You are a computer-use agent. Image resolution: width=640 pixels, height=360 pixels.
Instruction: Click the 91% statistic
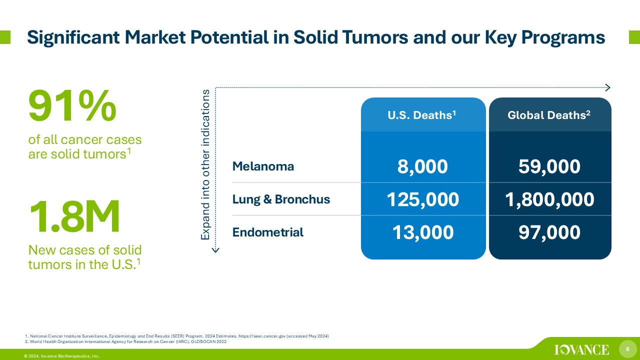[72, 105]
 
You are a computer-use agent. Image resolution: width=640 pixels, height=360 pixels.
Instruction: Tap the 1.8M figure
[74, 216]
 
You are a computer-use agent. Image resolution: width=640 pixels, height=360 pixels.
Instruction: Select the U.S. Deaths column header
[421, 115]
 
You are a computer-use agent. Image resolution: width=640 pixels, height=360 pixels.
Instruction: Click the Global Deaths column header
[549, 115]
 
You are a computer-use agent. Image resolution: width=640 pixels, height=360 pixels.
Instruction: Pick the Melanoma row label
[263, 166]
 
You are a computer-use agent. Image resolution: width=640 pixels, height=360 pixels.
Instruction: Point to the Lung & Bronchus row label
[281, 199]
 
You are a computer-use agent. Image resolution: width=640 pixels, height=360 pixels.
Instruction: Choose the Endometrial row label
[267, 232]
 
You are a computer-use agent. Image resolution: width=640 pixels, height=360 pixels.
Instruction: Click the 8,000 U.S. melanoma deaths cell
[422, 166]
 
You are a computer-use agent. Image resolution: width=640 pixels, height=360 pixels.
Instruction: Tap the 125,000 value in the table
[423, 199]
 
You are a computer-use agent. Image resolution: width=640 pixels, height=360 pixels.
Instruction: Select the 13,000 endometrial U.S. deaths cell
[423, 232]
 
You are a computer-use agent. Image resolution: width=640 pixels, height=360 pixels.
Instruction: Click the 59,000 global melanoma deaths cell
[549, 166]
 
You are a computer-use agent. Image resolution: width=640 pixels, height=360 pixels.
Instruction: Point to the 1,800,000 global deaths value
[549, 199]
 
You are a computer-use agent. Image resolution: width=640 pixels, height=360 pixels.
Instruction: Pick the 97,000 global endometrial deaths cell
[549, 232]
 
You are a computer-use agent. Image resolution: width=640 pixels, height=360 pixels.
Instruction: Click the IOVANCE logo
[581, 349]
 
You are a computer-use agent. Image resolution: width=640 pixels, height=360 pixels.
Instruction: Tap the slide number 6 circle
[627, 349]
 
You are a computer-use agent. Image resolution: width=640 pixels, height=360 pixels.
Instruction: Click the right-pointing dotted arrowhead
[608, 87]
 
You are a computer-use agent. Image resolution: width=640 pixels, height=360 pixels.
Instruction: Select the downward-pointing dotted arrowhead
[215, 250]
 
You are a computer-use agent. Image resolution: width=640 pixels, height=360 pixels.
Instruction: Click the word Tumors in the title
[375, 37]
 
